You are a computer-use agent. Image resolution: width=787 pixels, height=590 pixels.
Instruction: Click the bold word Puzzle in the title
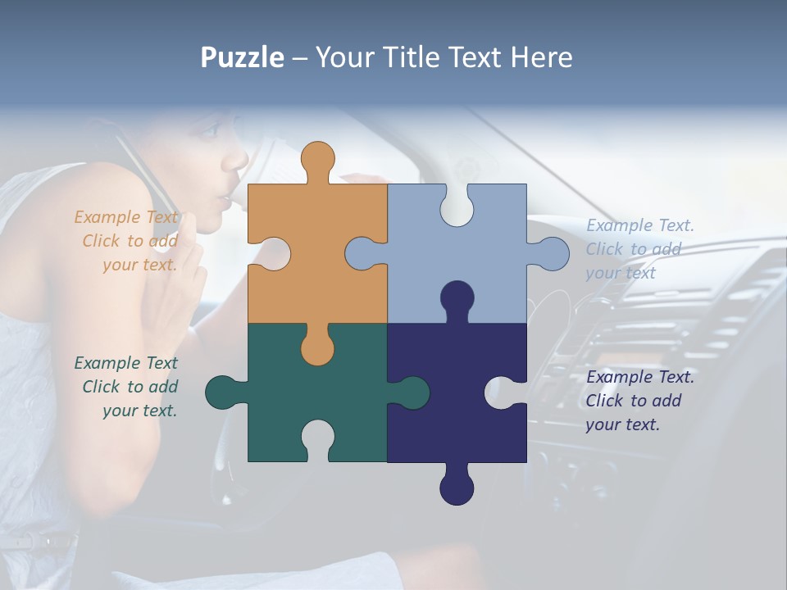point(242,57)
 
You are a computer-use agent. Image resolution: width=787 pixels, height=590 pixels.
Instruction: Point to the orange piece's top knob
point(317,159)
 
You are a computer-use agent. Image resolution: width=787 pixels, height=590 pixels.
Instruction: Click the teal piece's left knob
point(223,393)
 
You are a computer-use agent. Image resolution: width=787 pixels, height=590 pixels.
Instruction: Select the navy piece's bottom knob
point(457,488)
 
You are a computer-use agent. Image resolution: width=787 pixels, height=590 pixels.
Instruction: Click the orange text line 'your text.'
point(139,265)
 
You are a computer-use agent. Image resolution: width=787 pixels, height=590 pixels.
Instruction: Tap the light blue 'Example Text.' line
point(639,225)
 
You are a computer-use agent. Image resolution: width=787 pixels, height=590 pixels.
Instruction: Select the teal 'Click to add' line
point(130,386)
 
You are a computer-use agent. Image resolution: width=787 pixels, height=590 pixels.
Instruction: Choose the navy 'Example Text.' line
point(639,377)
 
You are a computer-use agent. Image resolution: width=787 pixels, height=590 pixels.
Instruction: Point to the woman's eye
point(210,129)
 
